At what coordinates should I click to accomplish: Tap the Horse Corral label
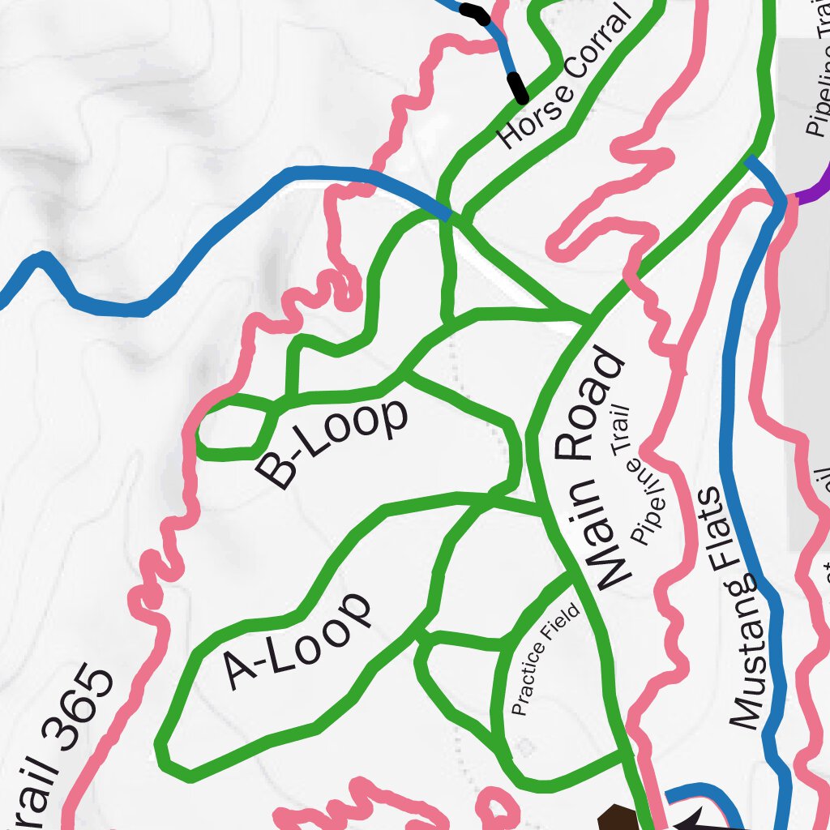(565, 79)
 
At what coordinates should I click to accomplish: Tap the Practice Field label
(547, 659)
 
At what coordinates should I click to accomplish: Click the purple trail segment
(815, 186)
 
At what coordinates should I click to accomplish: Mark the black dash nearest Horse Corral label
(516, 87)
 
